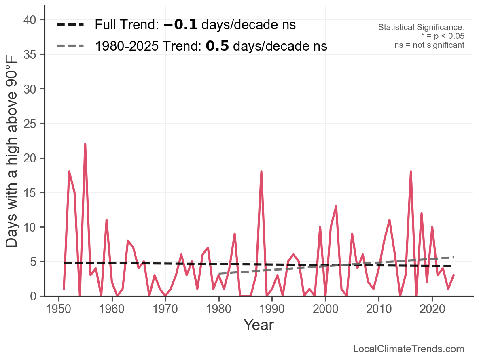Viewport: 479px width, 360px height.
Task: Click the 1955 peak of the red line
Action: pos(85,144)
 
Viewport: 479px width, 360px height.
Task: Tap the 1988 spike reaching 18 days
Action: pos(261,172)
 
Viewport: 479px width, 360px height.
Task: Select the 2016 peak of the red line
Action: pos(411,172)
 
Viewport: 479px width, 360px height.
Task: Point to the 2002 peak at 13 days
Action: pos(336,207)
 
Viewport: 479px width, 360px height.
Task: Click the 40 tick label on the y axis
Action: pos(30,20)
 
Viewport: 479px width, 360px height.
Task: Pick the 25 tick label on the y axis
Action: pos(30,124)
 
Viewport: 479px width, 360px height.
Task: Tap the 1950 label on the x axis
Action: pos(58,309)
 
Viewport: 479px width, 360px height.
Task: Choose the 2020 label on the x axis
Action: pos(432,309)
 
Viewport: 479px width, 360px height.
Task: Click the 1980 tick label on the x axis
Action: pos(218,309)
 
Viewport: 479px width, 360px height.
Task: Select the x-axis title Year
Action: pos(259,325)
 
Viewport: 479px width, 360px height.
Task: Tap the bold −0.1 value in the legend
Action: pos(180,25)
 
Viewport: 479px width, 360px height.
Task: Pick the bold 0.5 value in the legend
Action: pos(217,46)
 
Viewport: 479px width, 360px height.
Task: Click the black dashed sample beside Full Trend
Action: pos(70,25)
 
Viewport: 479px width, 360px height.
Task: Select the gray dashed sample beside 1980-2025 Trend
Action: pos(70,46)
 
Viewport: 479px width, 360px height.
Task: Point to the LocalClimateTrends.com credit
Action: pos(409,349)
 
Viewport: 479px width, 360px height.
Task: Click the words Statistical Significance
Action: pos(421,27)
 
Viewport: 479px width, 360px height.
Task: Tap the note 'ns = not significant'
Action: pos(429,45)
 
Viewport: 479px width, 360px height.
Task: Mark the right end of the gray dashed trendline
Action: pos(454,257)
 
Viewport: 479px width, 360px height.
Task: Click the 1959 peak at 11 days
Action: pos(106,220)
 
